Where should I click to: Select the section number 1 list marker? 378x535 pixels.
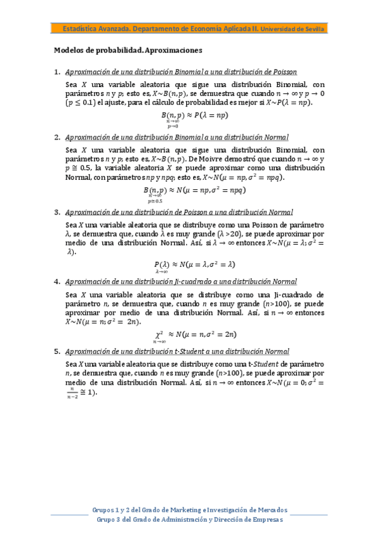pyautogui.click(x=57, y=71)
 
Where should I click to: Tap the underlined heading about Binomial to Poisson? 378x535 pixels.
pyautogui.click(x=181, y=71)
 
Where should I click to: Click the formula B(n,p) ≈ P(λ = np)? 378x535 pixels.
pyautogui.click(x=194, y=115)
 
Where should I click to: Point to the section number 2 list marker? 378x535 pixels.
pyautogui.click(x=57, y=138)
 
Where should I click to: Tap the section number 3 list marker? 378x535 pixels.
pyautogui.click(x=57, y=212)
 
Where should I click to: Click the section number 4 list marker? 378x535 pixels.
pyautogui.click(x=57, y=281)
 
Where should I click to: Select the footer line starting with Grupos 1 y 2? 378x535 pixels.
pyautogui.click(x=189, y=509)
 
